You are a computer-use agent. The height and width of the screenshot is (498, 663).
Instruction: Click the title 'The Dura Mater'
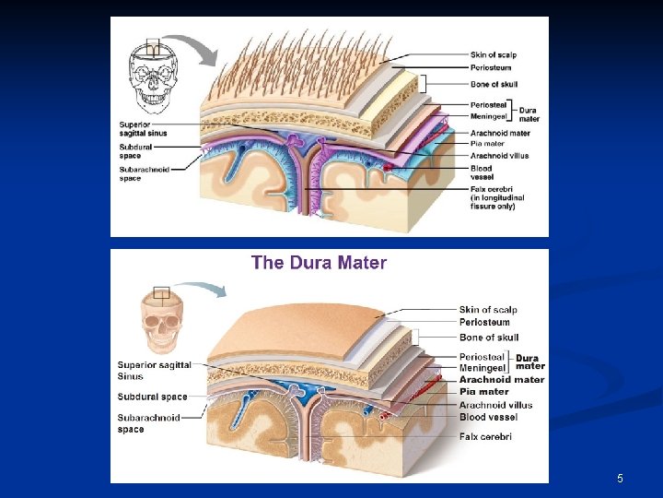tap(319, 263)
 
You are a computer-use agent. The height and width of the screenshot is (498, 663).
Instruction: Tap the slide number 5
tap(620, 479)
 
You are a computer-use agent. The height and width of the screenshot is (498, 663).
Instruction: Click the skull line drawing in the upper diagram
tap(154, 73)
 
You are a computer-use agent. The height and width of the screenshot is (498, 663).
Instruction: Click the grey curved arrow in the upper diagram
tap(197, 47)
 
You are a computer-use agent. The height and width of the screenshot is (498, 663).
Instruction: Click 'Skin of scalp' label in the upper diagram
tap(494, 55)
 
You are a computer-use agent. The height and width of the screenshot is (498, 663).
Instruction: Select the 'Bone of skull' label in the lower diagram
tap(489, 338)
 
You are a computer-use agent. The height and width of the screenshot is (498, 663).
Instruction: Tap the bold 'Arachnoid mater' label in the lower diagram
tap(501, 379)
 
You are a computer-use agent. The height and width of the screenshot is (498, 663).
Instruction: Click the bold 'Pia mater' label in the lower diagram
tap(483, 392)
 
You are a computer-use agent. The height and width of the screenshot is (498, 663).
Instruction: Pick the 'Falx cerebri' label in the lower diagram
tap(485, 436)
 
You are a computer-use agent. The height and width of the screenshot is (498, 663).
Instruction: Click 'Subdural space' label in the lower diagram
tap(152, 397)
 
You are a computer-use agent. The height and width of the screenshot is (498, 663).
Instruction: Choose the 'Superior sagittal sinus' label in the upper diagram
tap(143, 129)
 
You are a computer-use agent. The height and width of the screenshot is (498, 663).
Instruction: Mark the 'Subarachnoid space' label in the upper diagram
tap(143, 173)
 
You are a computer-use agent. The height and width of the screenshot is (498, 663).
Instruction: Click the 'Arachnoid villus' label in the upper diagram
tap(494, 156)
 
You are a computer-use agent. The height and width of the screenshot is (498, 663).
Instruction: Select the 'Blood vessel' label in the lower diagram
tap(488, 417)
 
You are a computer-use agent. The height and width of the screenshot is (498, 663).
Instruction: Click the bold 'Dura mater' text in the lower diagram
tap(529, 362)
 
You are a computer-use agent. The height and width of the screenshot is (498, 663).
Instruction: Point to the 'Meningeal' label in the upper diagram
tap(490, 117)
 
